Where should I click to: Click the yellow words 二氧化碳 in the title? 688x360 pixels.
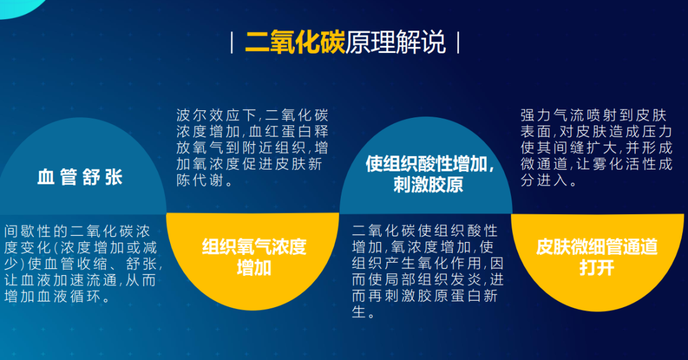click(295, 43)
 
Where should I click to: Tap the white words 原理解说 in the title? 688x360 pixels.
click(396, 43)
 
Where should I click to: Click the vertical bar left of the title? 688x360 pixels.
click(232, 43)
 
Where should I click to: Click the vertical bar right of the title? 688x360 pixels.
click(458, 43)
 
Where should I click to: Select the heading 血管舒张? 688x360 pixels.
click(80, 177)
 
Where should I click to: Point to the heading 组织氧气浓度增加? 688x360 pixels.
click(254, 257)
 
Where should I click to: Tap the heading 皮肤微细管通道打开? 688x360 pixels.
click(597, 257)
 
